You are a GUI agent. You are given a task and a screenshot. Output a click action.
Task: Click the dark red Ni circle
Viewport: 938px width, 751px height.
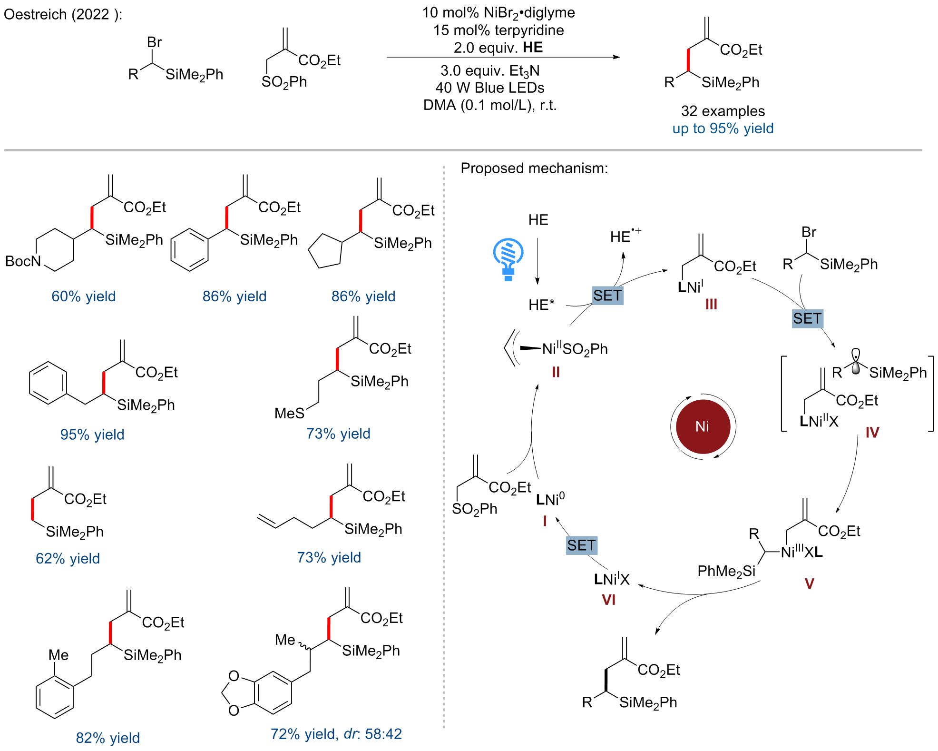tap(703, 426)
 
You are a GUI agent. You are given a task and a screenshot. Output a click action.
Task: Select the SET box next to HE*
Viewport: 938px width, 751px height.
tap(607, 296)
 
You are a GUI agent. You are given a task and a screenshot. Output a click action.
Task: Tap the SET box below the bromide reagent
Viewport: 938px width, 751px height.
tap(807, 318)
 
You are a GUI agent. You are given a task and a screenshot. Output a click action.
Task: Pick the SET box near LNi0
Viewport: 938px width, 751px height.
tap(581, 545)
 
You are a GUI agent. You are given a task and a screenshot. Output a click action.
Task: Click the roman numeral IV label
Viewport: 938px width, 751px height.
tap(872, 433)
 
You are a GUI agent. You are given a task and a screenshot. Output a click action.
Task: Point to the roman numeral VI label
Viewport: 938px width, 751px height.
tap(609, 600)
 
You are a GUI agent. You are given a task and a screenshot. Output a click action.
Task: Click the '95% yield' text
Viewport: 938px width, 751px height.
tap(92, 435)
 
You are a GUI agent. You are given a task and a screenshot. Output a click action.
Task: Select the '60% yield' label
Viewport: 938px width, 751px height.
tap(84, 296)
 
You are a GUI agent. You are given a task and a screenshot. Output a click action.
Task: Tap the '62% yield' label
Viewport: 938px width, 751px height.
tap(68, 558)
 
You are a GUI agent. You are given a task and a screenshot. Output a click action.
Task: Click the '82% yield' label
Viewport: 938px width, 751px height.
tap(108, 738)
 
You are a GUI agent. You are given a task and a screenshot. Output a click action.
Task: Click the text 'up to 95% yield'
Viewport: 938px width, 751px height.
tap(723, 128)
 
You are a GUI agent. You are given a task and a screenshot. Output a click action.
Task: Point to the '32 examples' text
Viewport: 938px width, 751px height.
tap(723, 111)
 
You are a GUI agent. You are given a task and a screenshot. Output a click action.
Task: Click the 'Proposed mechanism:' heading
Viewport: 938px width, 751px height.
tap(535, 168)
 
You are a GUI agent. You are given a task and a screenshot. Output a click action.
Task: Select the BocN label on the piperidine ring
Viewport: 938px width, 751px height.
tap(23, 261)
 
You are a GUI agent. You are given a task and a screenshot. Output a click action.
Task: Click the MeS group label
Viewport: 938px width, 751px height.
tap(289, 413)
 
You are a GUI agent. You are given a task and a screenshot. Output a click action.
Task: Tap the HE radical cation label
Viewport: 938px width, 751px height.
tap(625, 236)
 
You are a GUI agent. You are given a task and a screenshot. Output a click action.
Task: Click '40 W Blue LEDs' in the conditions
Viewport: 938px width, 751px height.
tap(490, 88)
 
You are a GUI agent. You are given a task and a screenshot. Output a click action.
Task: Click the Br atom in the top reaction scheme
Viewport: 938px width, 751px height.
tap(155, 42)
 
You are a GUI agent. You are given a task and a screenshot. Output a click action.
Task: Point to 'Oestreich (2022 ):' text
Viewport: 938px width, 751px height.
tap(63, 14)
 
